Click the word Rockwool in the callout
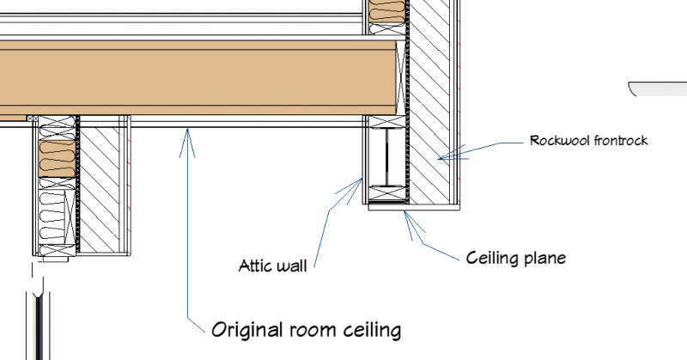(554, 141)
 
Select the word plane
(544, 259)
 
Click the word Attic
(255, 265)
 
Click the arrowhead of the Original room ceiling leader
(187, 129)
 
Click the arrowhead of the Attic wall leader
(362, 179)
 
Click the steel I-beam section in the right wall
(387, 157)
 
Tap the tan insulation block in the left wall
(57, 158)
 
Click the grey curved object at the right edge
(658, 88)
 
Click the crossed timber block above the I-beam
(387, 122)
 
